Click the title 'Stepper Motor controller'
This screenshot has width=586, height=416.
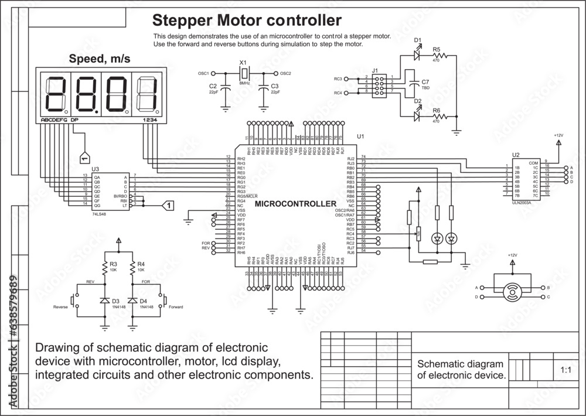(247, 21)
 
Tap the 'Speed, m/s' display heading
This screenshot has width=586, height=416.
(100, 59)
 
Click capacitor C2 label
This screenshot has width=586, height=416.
(213, 86)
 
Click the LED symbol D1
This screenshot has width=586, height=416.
(417, 56)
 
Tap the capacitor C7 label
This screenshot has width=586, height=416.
(425, 81)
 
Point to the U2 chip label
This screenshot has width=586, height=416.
(515, 156)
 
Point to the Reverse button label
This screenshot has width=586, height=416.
(60, 307)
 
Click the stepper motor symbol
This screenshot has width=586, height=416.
(513, 291)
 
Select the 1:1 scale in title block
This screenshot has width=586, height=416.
(565, 370)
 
